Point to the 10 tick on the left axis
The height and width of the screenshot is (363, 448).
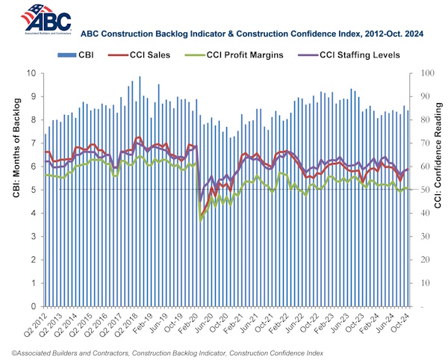point(32,73)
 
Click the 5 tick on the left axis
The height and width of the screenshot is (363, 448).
point(34,190)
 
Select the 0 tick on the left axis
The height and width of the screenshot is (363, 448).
point(34,306)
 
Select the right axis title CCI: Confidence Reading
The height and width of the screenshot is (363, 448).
point(442,190)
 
